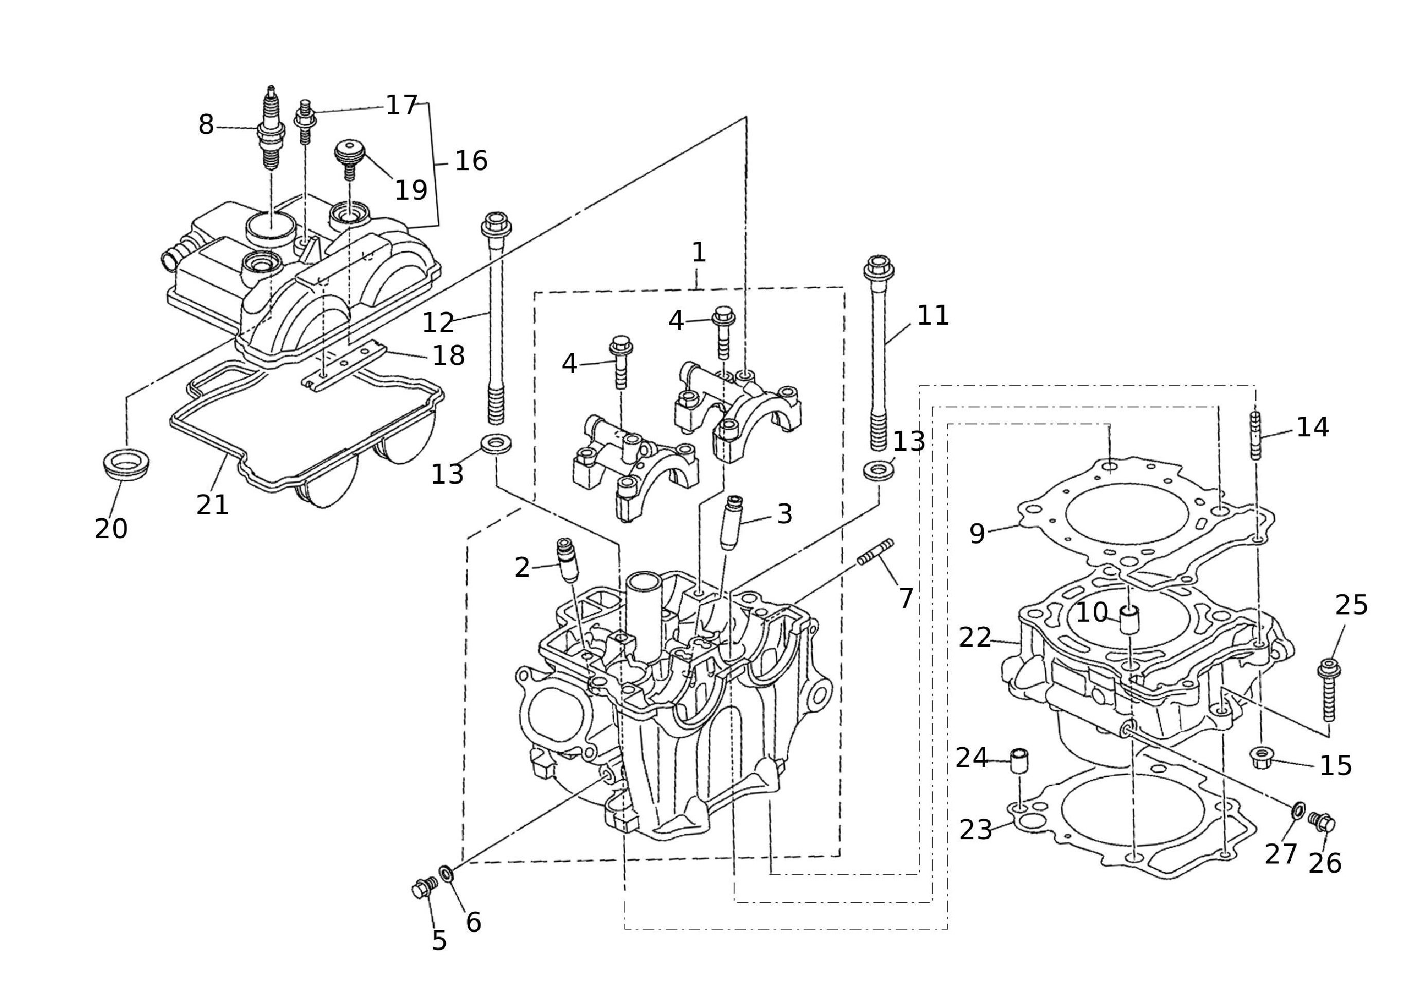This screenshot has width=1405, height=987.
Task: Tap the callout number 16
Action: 471,161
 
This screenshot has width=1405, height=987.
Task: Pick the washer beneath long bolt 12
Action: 496,444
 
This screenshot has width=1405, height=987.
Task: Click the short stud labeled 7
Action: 875,552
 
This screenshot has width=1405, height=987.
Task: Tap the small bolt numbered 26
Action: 1322,822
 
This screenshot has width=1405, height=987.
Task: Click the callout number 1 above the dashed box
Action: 698,252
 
